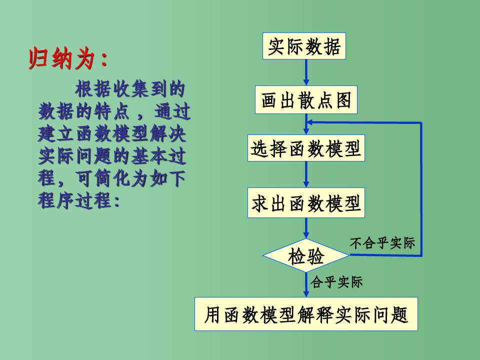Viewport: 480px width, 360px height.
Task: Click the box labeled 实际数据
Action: [304, 46]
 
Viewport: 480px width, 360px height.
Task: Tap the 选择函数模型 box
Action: [306, 148]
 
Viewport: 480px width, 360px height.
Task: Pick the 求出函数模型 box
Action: [306, 203]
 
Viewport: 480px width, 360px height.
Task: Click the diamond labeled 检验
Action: [306, 256]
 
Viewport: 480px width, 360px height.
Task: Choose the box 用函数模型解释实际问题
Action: [306, 314]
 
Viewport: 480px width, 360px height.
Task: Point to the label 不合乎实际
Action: [382, 243]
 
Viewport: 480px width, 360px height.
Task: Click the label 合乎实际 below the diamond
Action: [336, 282]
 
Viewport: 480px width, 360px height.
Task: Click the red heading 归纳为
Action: [67, 59]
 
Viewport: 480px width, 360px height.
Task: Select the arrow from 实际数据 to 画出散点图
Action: [306, 73]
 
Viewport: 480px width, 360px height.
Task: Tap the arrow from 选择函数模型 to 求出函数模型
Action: [306, 174]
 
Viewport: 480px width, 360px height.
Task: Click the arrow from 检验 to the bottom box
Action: [306, 285]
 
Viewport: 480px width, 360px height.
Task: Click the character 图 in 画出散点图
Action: [344, 100]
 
